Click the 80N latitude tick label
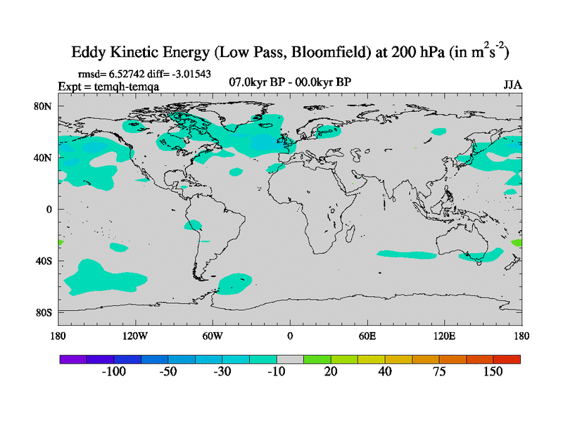click(43, 106)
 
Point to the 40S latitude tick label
click(43, 261)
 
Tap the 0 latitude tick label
click(49, 210)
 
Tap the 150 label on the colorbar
click(492, 371)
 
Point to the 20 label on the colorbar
click(331, 371)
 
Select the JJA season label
click(512, 84)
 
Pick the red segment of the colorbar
click(507, 359)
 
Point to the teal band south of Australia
click(482, 256)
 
